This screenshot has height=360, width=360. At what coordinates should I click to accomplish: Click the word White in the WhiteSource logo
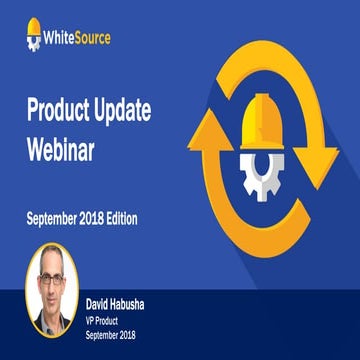(66, 40)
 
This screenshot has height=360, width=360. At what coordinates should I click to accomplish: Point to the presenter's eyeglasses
(52, 272)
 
